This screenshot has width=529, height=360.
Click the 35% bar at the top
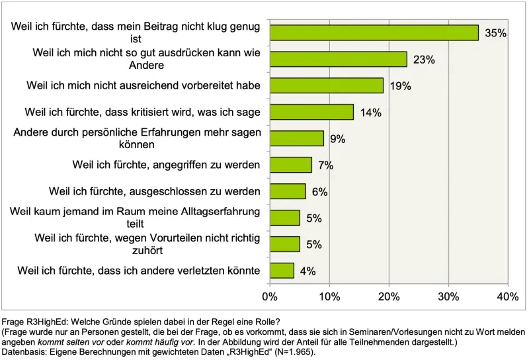374,32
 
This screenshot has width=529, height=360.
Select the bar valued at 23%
338,59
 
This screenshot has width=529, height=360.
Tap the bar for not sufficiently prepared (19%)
326,85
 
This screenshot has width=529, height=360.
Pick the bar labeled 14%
311,112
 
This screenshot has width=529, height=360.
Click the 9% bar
296,138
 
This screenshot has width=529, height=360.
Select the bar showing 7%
290,165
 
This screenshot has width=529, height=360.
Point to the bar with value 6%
288,191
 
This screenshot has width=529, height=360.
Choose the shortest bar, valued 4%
282,271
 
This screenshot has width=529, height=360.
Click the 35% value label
495,33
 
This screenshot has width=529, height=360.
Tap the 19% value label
401,86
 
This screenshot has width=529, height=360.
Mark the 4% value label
307,271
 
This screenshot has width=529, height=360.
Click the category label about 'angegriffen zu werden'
165,165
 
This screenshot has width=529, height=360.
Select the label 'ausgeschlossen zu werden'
155,191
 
